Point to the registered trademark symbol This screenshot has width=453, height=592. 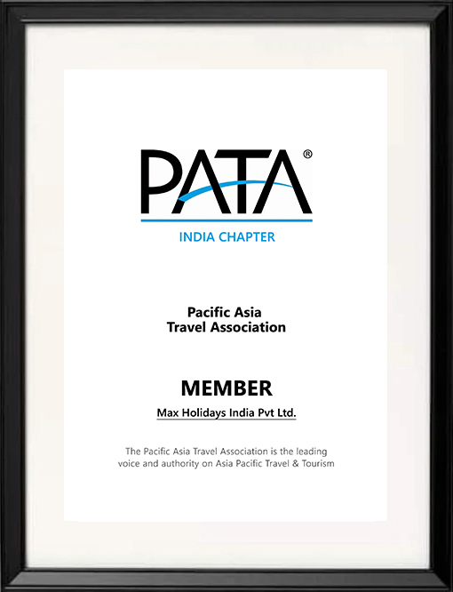pyautogui.click(x=307, y=155)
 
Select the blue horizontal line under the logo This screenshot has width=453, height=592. pyautogui.click(x=226, y=220)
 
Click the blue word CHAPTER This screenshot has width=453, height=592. pyautogui.click(x=250, y=237)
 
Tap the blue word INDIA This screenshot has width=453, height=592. pyautogui.click(x=200, y=237)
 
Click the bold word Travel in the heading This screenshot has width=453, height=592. pyautogui.click(x=187, y=327)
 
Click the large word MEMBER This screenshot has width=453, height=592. pyautogui.click(x=226, y=388)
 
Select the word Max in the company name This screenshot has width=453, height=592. pyautogui.click(x=169, y=413)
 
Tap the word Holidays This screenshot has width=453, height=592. pyautogui.click(x=209, y=413)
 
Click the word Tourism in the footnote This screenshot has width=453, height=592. pyautogui.click(x=317, y=464)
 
